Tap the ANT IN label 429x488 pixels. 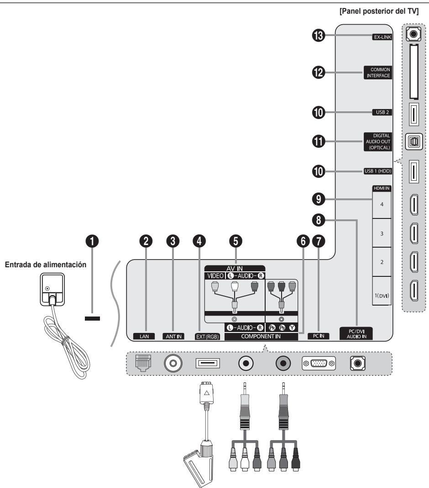click(173, 337)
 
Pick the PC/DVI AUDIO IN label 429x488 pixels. click(356, 334)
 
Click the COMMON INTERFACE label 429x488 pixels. click(378, 73)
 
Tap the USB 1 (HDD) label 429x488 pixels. click(378, 171)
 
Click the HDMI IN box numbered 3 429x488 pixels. click(382, 233)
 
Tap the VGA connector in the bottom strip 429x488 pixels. click(319, 363)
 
